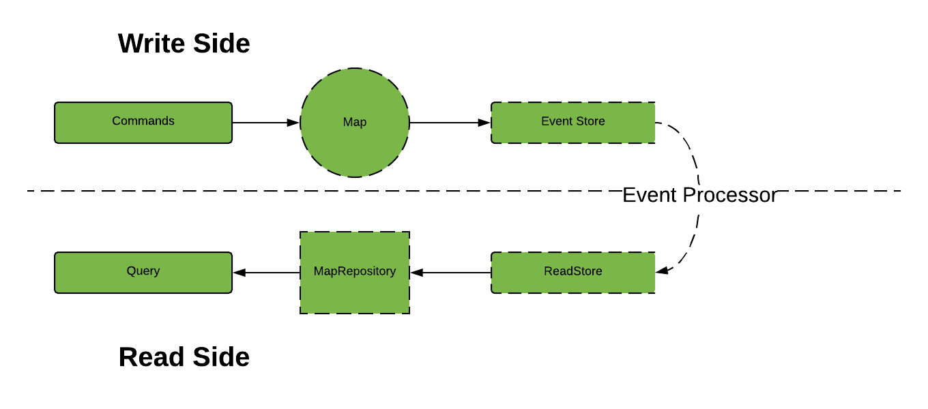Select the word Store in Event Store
[590, 121]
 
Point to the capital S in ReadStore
[576, 271]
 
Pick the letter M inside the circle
[347, 122]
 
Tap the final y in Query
[157, 272]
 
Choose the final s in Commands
[171, 121]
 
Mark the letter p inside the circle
[363, 123]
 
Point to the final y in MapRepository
[393, 273]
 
